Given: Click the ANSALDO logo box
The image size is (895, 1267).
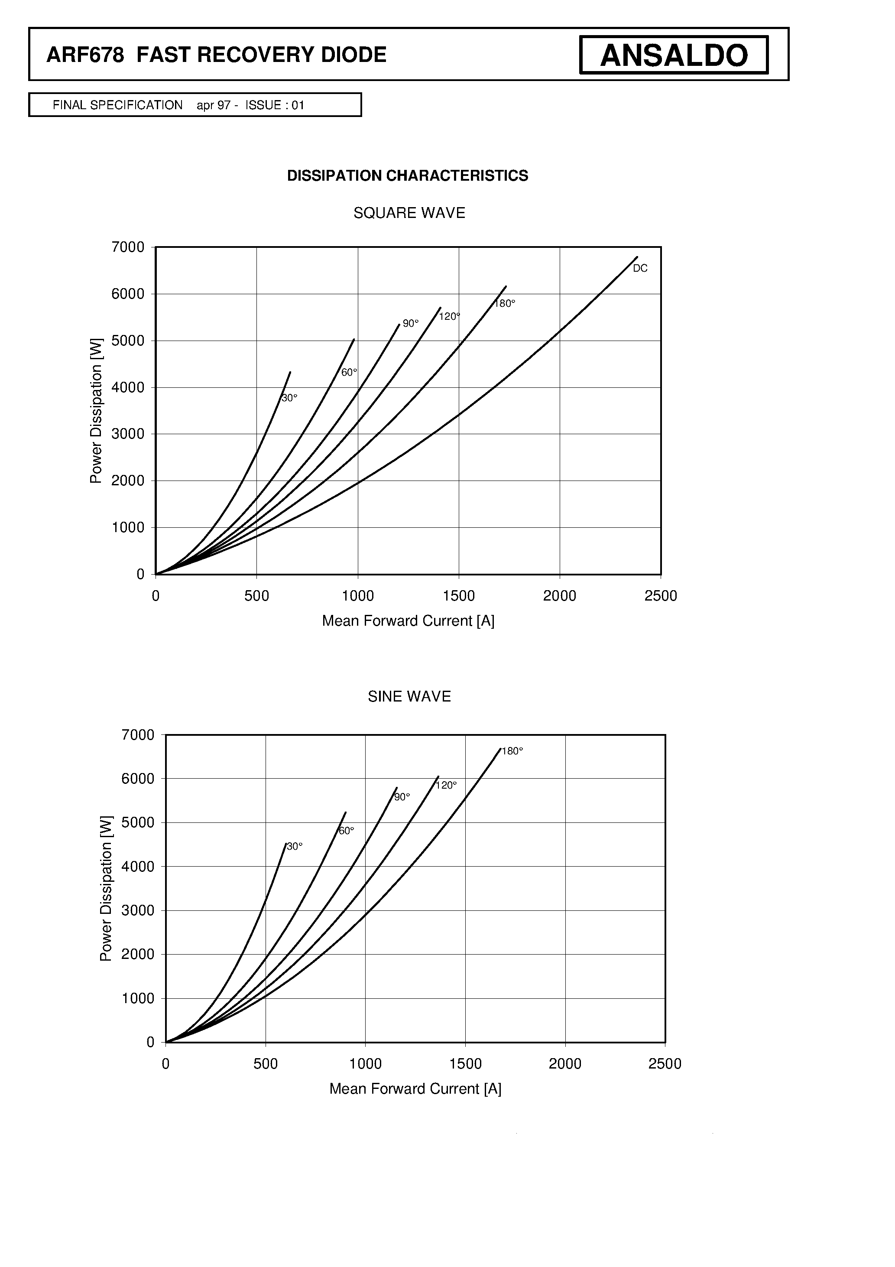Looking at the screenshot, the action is [x=673, y=55].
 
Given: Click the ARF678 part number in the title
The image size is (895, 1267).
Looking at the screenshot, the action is [x=85, y=55].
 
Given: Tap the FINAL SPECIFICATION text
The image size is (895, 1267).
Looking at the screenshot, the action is [x=117, y=105].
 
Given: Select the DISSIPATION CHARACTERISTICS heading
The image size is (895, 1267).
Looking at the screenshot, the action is [x=407, y=175].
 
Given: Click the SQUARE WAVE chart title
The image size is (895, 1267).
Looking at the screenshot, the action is [x=409, y=213].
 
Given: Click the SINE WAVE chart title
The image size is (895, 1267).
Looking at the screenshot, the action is [x=409, y=696].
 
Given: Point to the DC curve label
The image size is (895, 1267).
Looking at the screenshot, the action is [x=640, y=269].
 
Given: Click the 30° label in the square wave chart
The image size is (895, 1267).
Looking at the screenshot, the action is [x=290, y=398].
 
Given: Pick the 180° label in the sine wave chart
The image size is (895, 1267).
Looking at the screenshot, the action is [x=512, y=751].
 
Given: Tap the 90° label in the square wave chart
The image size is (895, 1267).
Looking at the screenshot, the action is [x=411, y=323].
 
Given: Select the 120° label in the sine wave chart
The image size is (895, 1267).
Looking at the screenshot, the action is [x=446, y=785].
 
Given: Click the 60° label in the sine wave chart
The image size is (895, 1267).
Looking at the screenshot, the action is [x=346, y=831].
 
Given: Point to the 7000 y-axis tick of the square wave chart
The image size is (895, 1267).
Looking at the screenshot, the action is [x=128, y=247].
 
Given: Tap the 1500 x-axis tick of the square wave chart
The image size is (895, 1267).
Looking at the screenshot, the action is [x=458, y=596].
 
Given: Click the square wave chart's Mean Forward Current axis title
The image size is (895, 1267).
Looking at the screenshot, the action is [x=409, y=621].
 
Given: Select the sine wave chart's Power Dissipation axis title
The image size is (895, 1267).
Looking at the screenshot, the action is [x=106, y=888].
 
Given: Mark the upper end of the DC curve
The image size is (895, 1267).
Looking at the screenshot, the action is [x=637, y=257].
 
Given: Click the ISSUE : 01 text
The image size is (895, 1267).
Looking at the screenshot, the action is [x=275, y=105].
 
